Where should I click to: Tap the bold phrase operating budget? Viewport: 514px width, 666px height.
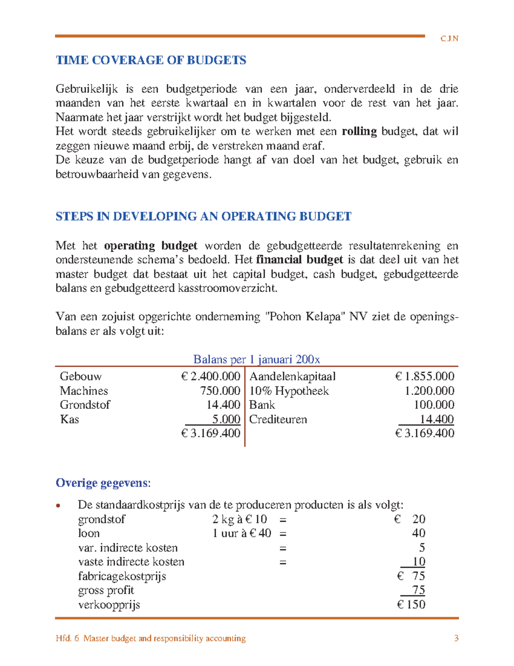pos(150,246)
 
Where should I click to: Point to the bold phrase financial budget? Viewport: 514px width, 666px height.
pos(299,260)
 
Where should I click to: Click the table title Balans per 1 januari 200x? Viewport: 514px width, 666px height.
pos(257,359)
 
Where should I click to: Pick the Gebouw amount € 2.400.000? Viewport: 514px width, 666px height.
pos(210,377)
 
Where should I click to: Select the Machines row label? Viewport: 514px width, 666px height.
pos(84,391)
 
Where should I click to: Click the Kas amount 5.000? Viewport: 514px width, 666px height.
pos(226,419)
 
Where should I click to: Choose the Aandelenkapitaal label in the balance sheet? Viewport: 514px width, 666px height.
pos(293,377)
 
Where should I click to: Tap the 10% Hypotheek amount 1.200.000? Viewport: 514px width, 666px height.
pos(429,391)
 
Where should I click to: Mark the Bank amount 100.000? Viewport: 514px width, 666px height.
pos(434,405)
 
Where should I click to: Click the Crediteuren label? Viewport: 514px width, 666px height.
pos(278,419)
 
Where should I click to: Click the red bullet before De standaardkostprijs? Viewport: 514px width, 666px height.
pos(59,506)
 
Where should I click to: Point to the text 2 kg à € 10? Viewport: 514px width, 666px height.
pos(239,519)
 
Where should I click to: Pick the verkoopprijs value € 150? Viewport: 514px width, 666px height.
pos(411,604)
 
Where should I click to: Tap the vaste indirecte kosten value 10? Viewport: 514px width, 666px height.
pos(418,561)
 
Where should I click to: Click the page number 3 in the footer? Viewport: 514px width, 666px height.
pos(456,638)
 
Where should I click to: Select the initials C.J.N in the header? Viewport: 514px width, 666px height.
pos(449,39)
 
